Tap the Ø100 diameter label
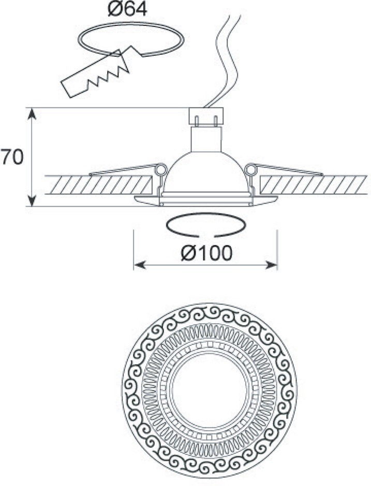[207, 253]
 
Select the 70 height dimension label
[11, 157]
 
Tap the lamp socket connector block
[206, 114]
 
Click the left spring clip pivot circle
[161, 169]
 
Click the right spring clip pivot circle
[251, 169]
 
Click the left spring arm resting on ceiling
[122, 171]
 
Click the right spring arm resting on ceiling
[290, 170]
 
